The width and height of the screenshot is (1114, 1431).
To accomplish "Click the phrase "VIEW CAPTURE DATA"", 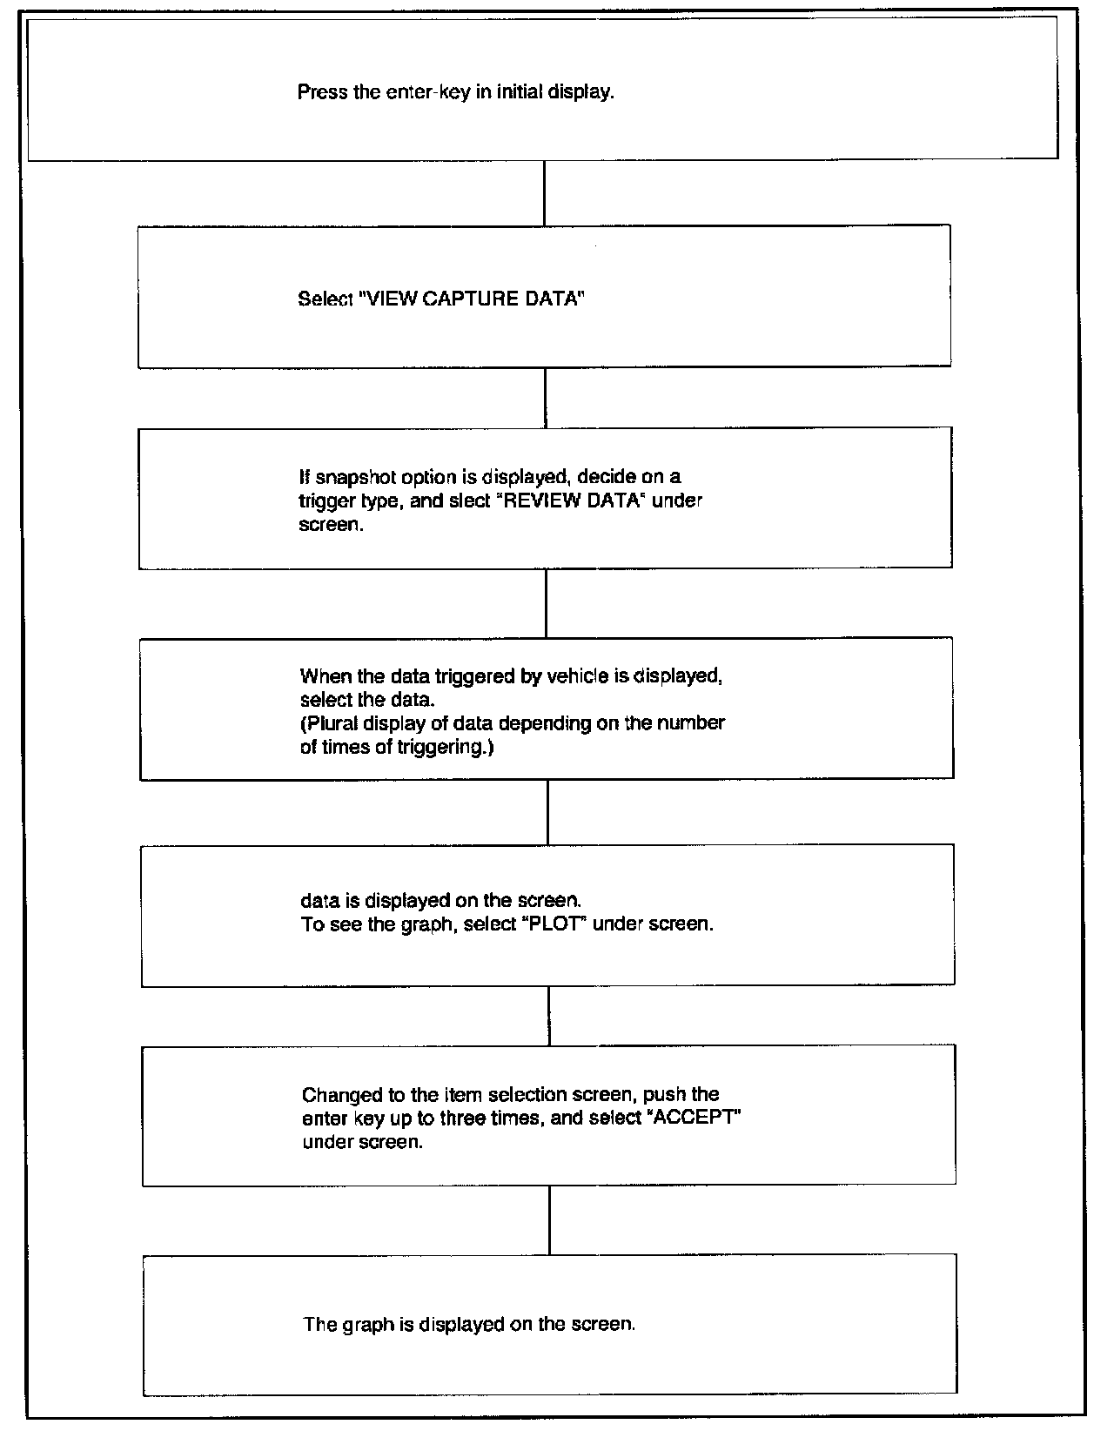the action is [471, 299].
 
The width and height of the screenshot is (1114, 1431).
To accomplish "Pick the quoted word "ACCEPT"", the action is [695, 1119].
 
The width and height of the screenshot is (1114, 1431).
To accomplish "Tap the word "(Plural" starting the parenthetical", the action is [328, 723].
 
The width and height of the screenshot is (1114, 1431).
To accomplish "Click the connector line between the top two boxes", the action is [544, 193].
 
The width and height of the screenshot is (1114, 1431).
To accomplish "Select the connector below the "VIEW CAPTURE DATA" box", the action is [546, 398].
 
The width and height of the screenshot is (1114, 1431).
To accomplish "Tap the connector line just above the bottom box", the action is [549, 1220].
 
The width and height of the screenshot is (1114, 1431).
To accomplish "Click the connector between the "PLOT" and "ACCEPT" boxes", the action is [549, 1016].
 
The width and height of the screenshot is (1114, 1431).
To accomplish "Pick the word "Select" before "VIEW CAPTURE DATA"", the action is [325, 299].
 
